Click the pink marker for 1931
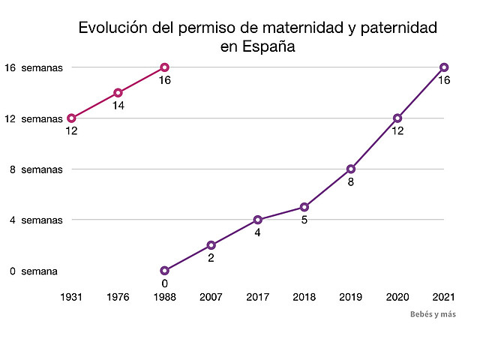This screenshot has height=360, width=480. coord(71,118)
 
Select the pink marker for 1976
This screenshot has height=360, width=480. coord(118,93)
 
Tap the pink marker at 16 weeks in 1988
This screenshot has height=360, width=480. coord(164,67)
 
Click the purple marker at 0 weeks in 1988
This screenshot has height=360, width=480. coord(164,270)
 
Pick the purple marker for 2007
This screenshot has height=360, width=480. coord(211,245)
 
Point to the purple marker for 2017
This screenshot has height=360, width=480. coord(258,220)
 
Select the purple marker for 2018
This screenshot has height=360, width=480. coord(304,207)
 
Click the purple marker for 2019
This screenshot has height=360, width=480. coord(351,169)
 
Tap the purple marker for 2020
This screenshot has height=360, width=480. coord(397,118)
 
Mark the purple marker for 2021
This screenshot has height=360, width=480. coord(444,67)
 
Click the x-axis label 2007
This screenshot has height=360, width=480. coord(211,297)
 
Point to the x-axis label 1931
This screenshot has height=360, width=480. coord(71,297)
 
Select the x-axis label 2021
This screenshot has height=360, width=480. coord(444,297)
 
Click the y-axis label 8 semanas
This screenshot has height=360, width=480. coord(36,169)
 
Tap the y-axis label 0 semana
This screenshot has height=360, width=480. coord(34,271)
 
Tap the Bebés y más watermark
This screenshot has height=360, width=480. coord(433,314)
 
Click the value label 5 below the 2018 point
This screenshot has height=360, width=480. coord(304,220)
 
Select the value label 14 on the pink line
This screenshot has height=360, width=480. coord(118,106)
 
